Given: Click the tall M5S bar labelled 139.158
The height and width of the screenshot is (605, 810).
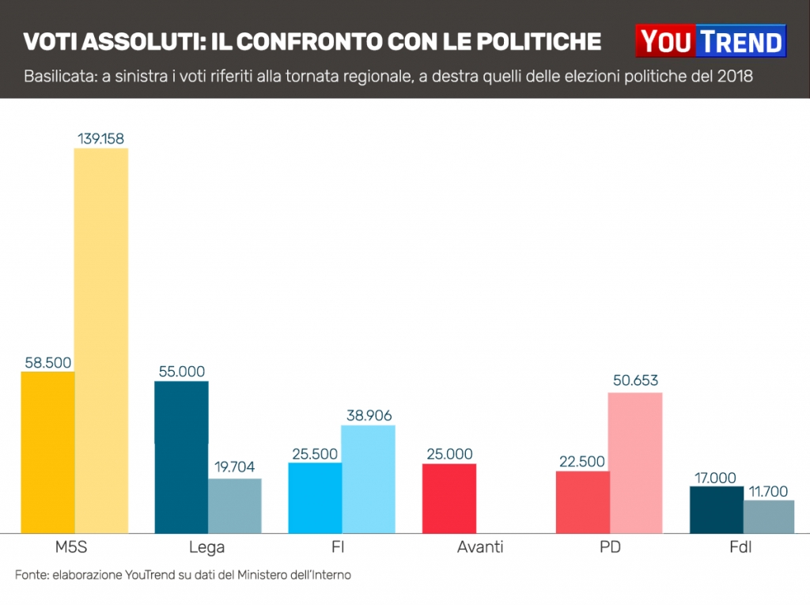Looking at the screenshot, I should (100, 340).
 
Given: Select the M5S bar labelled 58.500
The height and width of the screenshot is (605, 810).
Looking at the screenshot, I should (47, 452).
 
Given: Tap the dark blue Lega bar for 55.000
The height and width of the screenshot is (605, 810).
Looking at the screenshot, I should (181, 457).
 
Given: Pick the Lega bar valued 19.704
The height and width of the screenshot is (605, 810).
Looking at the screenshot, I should (235, 505).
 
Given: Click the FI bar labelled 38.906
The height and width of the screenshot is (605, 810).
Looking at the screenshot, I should (368, 478).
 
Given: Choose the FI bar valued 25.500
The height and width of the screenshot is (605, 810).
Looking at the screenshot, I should (315, 497).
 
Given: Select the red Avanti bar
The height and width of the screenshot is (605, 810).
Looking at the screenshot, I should (449, 498).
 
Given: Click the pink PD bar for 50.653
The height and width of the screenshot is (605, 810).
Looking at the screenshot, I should (635, 463).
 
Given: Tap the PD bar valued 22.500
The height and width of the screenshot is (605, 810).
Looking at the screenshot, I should (582, 502).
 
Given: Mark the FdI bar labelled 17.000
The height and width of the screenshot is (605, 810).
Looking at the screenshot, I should (717, 509).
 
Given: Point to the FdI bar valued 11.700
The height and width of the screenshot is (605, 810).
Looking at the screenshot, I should (769, 516).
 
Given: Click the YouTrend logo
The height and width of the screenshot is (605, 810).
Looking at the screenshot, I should (710, 41).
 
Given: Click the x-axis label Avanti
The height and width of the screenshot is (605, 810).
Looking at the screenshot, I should (480, 547).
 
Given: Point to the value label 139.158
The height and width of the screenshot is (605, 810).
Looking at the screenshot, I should (100, 138).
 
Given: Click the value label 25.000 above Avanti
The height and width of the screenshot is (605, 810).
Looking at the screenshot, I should (449, 454).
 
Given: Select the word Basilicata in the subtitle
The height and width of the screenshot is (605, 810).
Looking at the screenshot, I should (57, 77).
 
